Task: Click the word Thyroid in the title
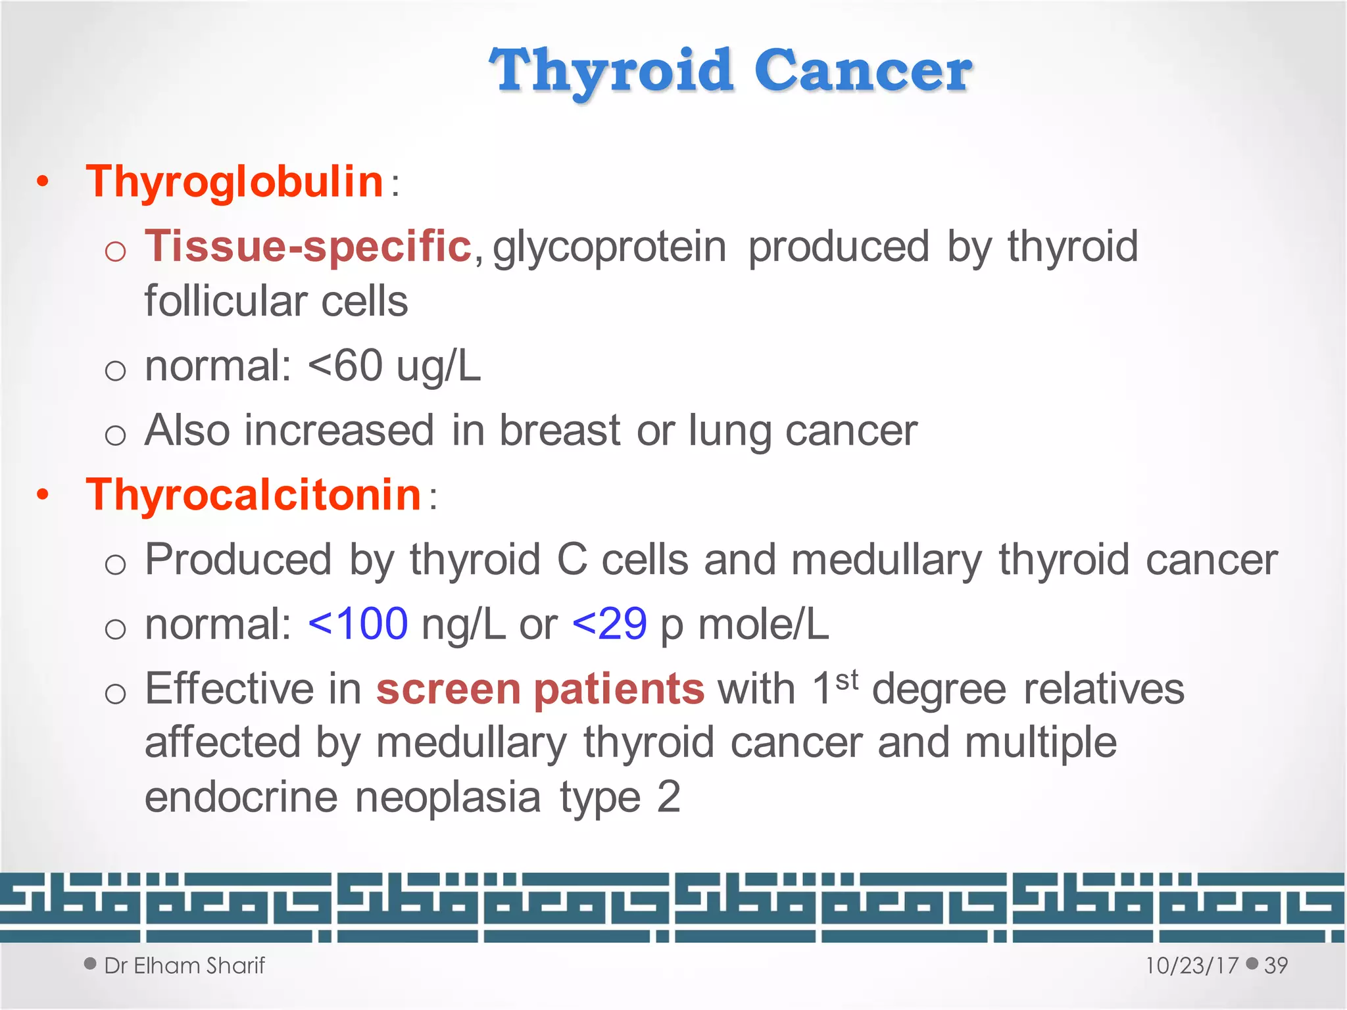coord(612,71)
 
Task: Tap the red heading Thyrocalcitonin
coord(253,494)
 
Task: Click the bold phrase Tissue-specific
coord(308,246)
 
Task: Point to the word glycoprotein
coord(609,247)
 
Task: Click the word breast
coord(560,431)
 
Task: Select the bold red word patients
coord(619,689)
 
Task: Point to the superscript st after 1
coord(846,680)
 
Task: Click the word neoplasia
coord(448,797)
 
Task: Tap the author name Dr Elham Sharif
coord(184,965)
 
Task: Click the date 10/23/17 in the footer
coord(1192,965)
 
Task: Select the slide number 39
coord(1275,965)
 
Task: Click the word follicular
coord(224,301)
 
